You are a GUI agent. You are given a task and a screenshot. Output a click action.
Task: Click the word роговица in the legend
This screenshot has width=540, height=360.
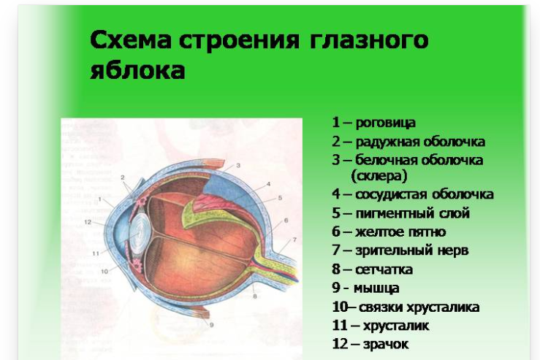tap(385, 123)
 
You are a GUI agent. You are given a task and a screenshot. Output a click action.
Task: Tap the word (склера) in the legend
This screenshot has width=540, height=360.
tap(379, 176)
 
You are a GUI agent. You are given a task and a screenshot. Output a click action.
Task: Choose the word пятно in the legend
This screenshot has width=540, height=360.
tap(426, 232)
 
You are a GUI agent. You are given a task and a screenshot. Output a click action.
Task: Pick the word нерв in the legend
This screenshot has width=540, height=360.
tap(453, 250)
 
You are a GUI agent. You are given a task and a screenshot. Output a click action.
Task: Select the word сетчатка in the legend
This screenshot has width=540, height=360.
tap(384, 269)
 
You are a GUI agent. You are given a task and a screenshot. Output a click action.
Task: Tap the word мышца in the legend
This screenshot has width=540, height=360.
tap(376, 288)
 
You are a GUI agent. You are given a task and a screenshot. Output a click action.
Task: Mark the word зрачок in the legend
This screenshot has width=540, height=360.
tap(386, 344)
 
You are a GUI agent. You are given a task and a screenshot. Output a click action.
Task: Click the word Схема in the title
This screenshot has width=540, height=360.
tap(131, 39)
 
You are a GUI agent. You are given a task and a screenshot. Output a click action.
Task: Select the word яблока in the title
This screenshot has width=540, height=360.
tap(137, 71)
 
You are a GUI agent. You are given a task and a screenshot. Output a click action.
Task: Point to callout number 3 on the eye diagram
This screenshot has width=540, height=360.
tap(238, 166)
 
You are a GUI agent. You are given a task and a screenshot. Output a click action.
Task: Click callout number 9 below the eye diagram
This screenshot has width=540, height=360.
tap(211, 324)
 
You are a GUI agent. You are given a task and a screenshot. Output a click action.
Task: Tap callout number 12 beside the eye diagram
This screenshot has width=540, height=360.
tap(88, 222)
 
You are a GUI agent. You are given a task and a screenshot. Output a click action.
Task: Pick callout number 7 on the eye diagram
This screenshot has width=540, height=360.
tap(294, 240)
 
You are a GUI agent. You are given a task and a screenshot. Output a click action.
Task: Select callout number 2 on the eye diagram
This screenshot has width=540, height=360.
tap(122, 177)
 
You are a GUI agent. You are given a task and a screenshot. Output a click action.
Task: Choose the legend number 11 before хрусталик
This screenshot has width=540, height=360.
tap(340, 326)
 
